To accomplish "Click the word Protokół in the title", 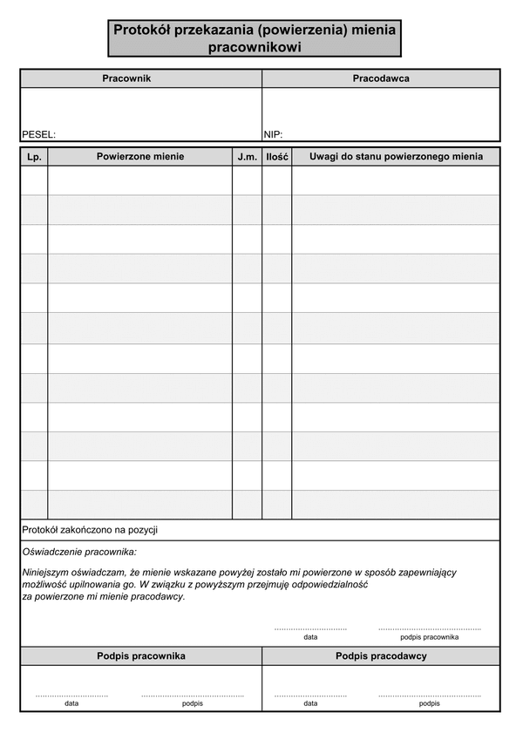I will click(x=143, y=30).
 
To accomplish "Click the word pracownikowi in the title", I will click(x=255, y=48).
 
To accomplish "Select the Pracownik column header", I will click(x=127, y=78).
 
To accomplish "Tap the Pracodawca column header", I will click(x=381, y=78).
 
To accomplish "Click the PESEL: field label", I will click(x=38, y=135).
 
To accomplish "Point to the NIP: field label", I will click(x=273, y=135).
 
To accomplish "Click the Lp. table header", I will click(x=34, y=157).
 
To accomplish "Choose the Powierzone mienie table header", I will click(x=140, y=157).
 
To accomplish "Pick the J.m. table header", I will click(x=247, y=157).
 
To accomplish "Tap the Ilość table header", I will click(x=277, y=157).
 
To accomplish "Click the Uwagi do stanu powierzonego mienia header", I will click(x=396, y=157).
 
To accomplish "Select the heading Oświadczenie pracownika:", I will click(x=79, y=552).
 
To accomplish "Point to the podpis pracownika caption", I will click(x=429, y=637).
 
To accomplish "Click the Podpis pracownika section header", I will click(x=140, y=655).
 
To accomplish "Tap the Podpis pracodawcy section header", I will click(x=381, y=655).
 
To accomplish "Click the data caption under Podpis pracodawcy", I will click(x=310, y=703).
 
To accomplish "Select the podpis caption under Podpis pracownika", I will click(x=193, y=703).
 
